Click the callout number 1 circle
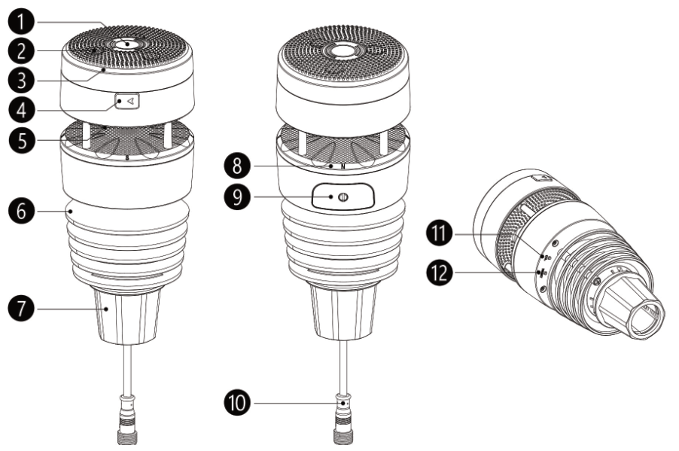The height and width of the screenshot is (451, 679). [x=22, y=22]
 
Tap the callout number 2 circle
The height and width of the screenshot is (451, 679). [x=22, y=51]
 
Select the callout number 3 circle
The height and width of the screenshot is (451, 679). [x=22, y=81]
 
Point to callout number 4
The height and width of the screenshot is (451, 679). [x=22, y=110]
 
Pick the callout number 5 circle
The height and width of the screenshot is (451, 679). [x=22, y=140]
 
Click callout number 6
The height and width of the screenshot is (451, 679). [x=22, y=211]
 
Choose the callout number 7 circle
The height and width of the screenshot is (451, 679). [x=22, y=309]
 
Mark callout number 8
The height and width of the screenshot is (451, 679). [x=237, y=166]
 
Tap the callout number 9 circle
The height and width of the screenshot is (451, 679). [x=237, y=197]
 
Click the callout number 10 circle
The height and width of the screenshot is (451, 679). [x=237, y=403]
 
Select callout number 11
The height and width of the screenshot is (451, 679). [x=440, y=234]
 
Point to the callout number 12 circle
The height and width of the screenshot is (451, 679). [x=440, y=273]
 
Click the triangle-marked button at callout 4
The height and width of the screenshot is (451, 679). [x=127, y=102]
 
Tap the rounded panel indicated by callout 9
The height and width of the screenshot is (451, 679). [x=343, y=197]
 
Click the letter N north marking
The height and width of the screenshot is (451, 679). [x=343, y=166]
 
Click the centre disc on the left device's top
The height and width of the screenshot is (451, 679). [x=127, y=44]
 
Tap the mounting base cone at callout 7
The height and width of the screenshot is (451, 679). [x=127, y=316]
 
